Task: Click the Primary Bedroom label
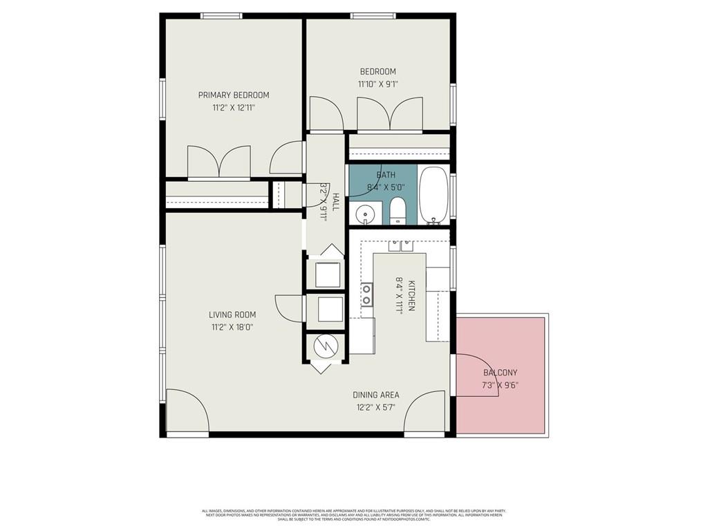tap(234, 95)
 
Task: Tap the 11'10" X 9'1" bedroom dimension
tap(378, 84)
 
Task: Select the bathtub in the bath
tap(434, 196)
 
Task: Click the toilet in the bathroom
tap(398, 211)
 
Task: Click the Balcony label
tap(500, 373)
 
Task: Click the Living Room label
tap(232, 315)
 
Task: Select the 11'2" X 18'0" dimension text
tap(232, 327)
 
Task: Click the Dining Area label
tap(375, 395)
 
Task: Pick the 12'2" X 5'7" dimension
tap(375, 407)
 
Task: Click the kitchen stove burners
tap(367, 295)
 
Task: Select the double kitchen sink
tap(400, 245)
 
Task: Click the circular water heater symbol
tap(324, 346)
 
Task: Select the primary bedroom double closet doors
tap(219, 163)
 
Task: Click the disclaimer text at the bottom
tap(354, 515)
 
